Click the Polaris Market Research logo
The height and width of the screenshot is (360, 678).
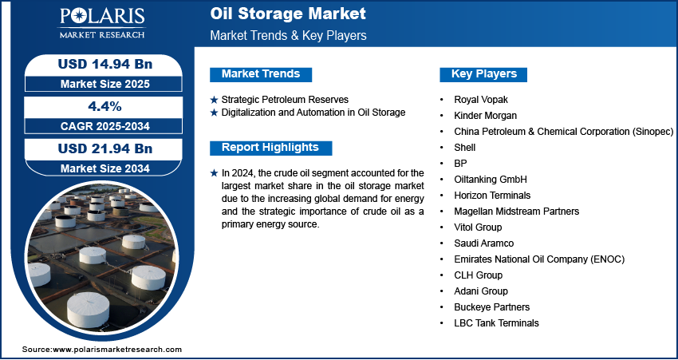(x=102, y=22)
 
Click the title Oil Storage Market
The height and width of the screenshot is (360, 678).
(x=288, y=14)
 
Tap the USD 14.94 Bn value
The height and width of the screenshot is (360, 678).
(x=105, y=64)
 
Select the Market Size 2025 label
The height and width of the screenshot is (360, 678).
(x=105, y=84)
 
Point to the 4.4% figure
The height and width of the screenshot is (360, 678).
(x=104, y=106)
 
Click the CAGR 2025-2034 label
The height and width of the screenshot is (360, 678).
(x=105, y=126)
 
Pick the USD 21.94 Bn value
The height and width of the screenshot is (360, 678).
(x=105, y=148)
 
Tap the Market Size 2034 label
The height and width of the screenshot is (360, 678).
(x=105, y=168)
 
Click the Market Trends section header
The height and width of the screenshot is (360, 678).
(x=261, y=74)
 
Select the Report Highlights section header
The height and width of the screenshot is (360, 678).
(x=270, y=148)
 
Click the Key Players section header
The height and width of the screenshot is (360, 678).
(x=484, y=74)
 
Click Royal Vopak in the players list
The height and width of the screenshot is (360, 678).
(x=481, y=100)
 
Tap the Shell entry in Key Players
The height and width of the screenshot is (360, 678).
(x=465, y=148)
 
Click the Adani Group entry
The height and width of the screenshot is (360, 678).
(x=481, y=291)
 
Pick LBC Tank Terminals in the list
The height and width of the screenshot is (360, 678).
(x=496, y=322)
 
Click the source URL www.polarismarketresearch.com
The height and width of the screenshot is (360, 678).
(x=117, y=349)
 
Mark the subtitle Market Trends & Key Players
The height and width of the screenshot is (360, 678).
(x=289, y=35)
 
